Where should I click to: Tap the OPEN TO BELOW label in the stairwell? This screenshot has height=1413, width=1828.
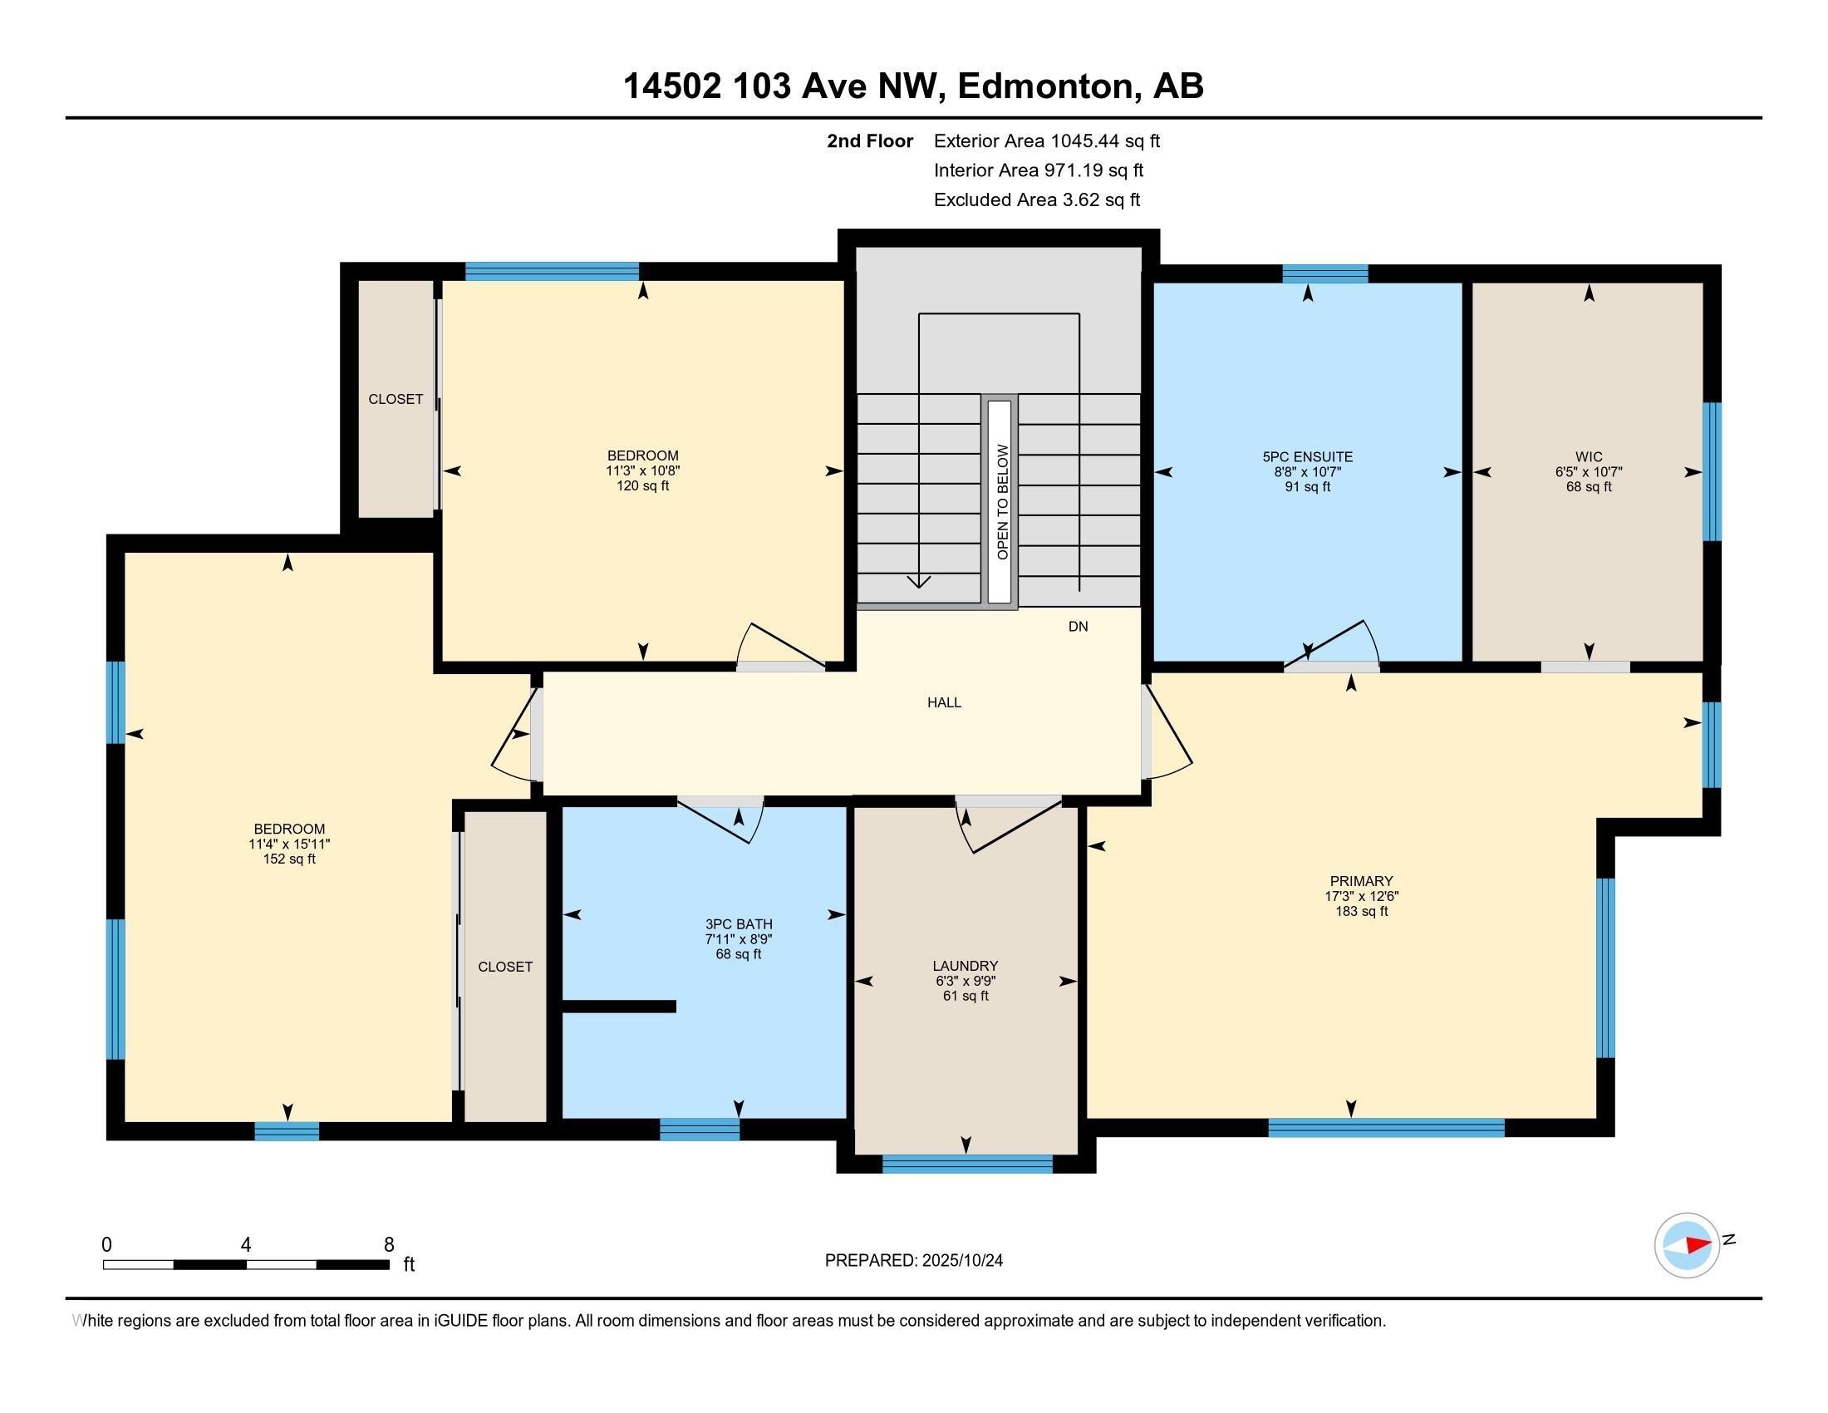1002,501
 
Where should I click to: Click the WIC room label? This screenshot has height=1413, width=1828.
1588,457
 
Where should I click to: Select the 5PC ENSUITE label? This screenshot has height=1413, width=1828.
1307,457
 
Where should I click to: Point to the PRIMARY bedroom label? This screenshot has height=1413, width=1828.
1361,880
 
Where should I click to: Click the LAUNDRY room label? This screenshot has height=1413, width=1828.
966,965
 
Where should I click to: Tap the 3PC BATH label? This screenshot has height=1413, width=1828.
738,924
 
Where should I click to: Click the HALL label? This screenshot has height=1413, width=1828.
943,702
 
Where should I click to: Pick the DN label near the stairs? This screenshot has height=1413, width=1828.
1077,626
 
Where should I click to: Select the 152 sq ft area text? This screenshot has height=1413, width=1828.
289,859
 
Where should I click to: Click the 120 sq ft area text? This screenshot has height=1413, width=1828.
642,485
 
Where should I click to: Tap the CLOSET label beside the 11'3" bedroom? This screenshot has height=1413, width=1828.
395,399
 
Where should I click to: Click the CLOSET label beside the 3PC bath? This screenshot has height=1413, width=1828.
504,966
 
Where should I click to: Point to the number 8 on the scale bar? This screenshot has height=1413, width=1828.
388,1245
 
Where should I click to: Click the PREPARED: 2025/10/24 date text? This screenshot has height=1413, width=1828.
913,1260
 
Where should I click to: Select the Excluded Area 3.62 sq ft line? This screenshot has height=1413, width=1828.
1036,199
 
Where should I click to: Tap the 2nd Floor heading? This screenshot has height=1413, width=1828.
869,140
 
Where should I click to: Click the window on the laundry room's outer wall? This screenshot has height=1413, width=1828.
966,1164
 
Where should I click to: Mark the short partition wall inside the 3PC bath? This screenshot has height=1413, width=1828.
619,1007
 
